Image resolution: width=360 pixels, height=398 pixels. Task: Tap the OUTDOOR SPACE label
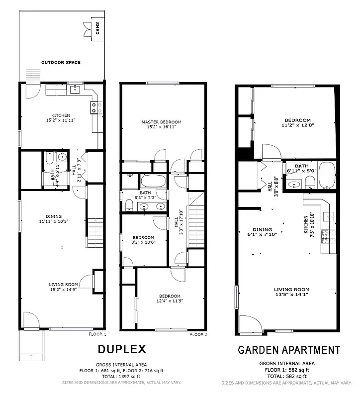coord(61,63)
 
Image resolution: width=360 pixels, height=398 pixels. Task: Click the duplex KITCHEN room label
coord(61,118)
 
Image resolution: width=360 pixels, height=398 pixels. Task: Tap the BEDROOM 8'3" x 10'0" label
coord(143,240)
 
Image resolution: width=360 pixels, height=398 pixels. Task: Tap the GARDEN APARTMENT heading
coord(289,350)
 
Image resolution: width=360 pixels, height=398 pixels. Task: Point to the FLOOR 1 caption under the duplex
coord(97,334)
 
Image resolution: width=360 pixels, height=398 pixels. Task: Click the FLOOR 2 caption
coord(198,334)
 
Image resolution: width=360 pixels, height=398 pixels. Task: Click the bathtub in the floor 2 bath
coord(153,181)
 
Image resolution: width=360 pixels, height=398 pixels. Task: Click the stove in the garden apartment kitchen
coord(325,236)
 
